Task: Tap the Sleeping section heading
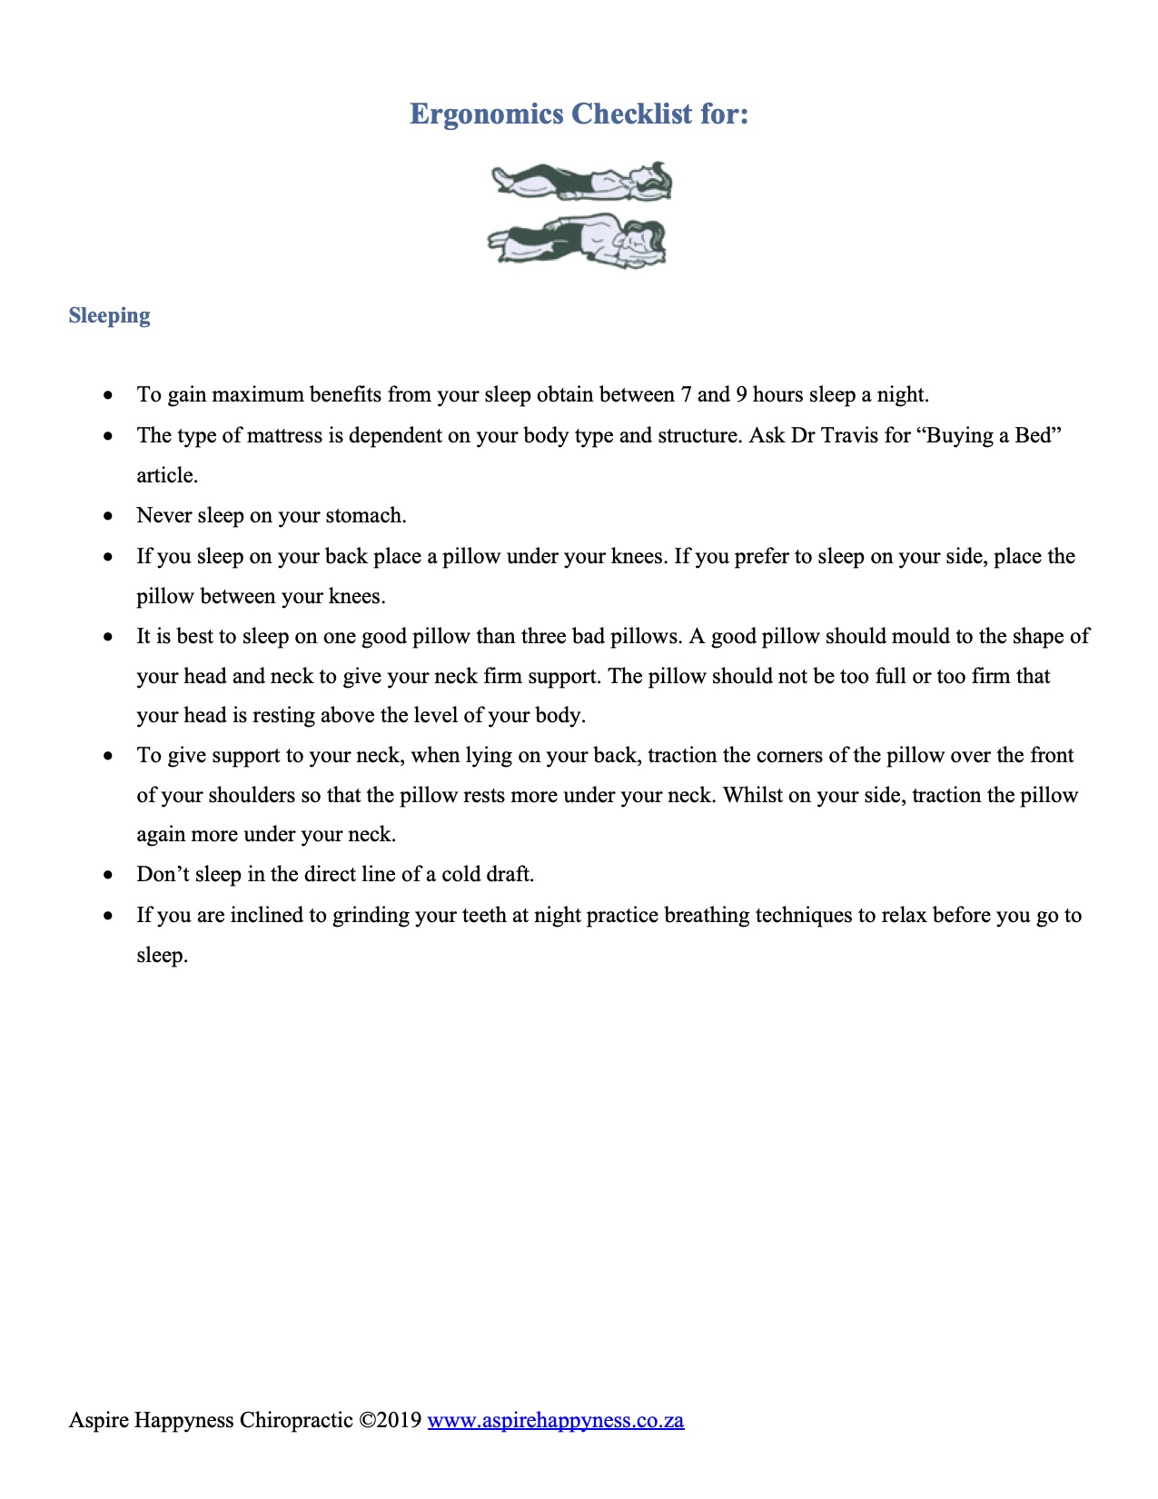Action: click(109, 315)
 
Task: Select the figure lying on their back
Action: click(581, 181)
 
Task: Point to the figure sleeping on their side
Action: click(578, 240)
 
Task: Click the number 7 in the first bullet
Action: click(684, 395)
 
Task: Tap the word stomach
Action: click(365, 516)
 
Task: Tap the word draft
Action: click(510, 874)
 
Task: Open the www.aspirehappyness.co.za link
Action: click(555, 1420)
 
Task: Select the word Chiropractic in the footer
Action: click(295, 1420)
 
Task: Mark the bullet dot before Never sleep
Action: click(109, 516)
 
